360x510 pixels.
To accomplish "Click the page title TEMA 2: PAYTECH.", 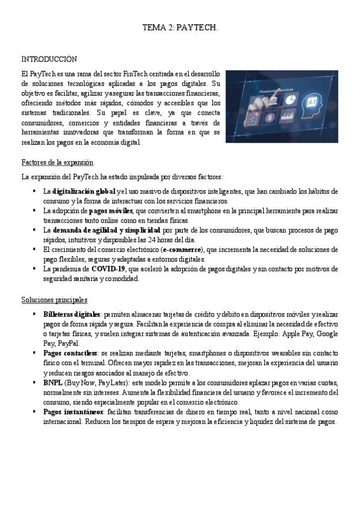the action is (x=180, y=28).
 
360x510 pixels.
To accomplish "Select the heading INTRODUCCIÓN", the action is (x=49, y=59).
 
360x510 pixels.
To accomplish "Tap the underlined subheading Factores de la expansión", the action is (x=57, y=162).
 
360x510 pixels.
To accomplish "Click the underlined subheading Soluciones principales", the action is (x=55, y=300).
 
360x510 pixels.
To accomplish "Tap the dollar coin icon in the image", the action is (x=271, y=117).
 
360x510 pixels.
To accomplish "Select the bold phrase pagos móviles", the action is (x=111, y=210).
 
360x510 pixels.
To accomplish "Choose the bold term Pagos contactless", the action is (x=70, y=353).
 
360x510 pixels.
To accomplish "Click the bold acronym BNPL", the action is (x=53, y=382).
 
